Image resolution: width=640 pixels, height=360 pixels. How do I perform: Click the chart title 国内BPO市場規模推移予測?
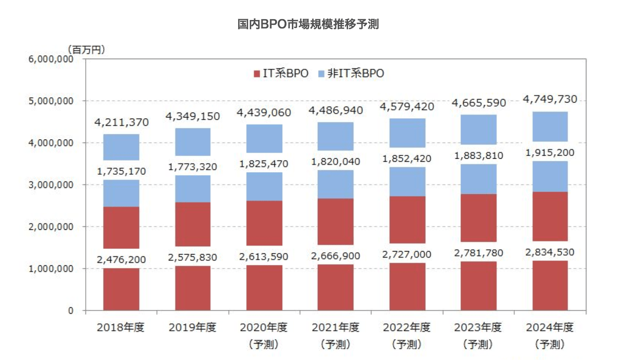[x=308, y=24]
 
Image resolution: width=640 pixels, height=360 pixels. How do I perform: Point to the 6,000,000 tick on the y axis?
[x=50, y=59]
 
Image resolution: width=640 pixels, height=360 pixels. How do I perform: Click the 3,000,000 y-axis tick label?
[x=50, y=185]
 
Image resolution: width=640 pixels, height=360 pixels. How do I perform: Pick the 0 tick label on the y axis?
[x=70, y=311]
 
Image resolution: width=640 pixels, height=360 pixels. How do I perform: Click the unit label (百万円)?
[x=86, y=49]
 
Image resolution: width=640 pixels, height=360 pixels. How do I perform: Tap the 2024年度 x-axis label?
[x=550, y=328]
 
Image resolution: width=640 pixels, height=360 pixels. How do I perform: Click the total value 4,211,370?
[x=121, y=122]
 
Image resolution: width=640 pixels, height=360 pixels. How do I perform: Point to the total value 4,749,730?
[x=550, y=100]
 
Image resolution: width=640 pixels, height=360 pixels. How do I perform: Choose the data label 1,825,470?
[x=264, y=164]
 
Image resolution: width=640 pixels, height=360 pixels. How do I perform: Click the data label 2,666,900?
[x=336, y=256]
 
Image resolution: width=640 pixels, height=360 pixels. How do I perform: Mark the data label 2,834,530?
[x=550, y=252]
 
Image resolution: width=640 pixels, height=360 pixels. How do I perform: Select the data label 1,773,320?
[x=192, y=167]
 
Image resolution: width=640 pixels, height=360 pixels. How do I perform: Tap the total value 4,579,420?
[x=407, y=107]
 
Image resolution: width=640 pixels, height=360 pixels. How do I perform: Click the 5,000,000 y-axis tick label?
[x=50, y=101]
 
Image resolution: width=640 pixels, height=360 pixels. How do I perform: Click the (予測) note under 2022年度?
[x=407, y=344]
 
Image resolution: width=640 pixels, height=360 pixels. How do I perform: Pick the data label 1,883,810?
[x=478, y=156]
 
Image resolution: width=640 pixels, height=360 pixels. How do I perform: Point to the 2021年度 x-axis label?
[x=336, y=328]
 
